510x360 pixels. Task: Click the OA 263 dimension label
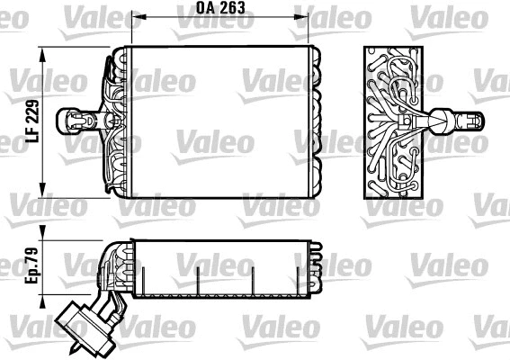tap(220, 8)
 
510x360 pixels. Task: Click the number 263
tap(231, 8)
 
